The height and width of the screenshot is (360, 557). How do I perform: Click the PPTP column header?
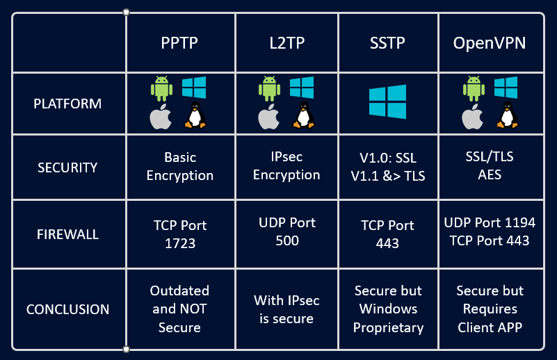(179, 43)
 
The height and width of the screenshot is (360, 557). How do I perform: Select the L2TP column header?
(286, 43)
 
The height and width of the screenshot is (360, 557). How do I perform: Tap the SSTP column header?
(387, 43)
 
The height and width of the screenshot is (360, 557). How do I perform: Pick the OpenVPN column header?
(490, 43)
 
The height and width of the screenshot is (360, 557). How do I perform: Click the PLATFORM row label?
(67, 104)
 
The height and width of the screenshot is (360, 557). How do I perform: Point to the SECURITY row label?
(67, 167)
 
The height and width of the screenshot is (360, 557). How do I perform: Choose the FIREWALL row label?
(67, 234)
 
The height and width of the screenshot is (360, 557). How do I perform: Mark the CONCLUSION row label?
(67, 309)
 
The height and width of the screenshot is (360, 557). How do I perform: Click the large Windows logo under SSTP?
(387, 102)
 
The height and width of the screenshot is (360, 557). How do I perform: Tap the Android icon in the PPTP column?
(161, 89)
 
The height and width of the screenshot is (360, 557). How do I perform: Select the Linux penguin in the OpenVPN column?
(506, 115)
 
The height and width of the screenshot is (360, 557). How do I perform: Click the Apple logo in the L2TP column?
(268, 117)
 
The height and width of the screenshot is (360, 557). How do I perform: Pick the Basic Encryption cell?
(179, 167)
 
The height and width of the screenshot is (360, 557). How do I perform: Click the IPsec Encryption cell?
(286, 166)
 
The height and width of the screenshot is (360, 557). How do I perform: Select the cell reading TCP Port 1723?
(179, 234)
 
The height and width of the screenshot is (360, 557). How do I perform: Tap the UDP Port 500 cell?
(286, 232)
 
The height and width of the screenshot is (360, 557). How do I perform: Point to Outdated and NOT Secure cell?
(179, 309)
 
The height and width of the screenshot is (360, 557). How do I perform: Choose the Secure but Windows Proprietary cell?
(387, 309)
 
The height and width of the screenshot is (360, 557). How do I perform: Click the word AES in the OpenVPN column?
(490, 175)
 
